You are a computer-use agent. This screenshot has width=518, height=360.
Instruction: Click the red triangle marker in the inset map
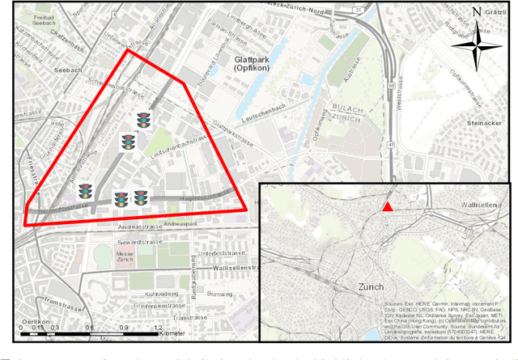click(x=388, y=207)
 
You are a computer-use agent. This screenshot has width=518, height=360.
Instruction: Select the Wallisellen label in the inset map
click(x=482, y=205)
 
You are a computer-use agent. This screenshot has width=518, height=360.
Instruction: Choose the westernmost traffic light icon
click(x=85, y=191)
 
